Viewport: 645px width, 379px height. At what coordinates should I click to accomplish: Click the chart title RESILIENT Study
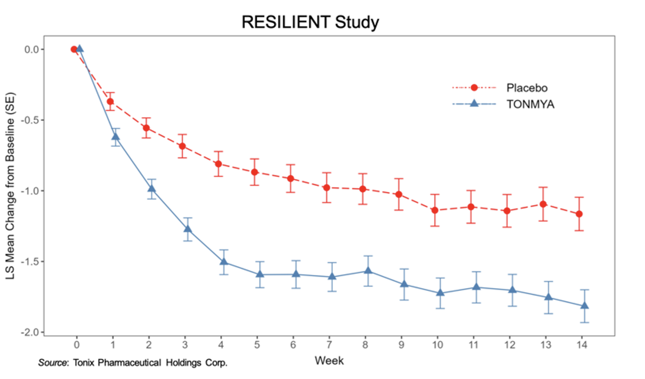pyautogui.click(x=310, y=22)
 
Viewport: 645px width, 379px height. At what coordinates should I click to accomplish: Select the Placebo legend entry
pyautogui.click(x=527, y=88)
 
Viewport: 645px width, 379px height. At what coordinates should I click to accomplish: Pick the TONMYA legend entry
pyautogui.click(x=530, y=104)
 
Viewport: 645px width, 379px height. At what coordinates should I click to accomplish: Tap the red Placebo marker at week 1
pyautogui.click(x=110, y=102)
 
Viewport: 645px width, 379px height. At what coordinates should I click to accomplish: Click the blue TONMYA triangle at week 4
pyautogui.click(x=224, y=262)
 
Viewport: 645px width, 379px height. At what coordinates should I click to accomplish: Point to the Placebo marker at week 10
pyautogui.click(x=435, y=210)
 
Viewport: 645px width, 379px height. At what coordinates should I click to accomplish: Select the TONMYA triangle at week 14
pyautogui.click(x=585, y=306)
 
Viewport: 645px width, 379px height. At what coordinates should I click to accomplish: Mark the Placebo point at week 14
pyautogui.click(x=579, y=214)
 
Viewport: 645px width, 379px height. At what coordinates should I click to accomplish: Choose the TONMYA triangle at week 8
pyautogui.click(x=368, y=270)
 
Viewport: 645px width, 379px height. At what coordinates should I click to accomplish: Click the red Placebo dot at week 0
pyautogui.click(x=74, y=49)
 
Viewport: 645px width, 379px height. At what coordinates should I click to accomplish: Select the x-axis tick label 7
pyautogui.click(x=329, y=345)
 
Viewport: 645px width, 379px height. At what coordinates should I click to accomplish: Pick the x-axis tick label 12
pyautogui.click(x=510, y=345)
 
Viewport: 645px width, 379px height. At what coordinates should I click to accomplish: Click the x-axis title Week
pyautogui.click(x=329, y=361)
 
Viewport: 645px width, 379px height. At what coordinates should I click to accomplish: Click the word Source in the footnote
pyautogui.click(x=53, y=362)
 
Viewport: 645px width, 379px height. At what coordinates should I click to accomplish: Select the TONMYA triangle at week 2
pyautogui.click(x=152, y=188)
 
